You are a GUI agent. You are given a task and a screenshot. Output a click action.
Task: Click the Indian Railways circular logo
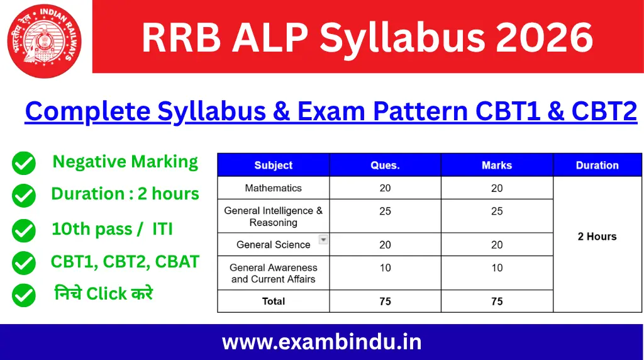pos(44,40)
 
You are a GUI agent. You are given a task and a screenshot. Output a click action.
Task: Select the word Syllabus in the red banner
pos(402,38)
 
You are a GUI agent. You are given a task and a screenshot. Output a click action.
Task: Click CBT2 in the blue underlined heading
pos(604,111)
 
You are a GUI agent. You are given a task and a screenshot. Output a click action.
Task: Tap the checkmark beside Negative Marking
pos(24,164)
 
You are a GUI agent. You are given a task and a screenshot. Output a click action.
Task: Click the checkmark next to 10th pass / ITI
pos(24,230)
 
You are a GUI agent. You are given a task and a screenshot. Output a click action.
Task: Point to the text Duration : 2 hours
pos(125,194)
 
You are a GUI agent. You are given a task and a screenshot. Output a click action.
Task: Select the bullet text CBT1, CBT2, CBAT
pos(125,262)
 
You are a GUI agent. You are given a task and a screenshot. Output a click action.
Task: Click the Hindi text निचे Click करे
pos(103,293)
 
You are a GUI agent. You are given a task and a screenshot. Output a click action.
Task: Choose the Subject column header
pos(273,165)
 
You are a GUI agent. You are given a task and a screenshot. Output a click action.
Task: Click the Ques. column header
pos(385,165)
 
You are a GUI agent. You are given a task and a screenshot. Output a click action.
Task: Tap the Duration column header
pos(597,165)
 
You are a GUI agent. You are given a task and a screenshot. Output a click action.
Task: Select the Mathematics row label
pos(273,188)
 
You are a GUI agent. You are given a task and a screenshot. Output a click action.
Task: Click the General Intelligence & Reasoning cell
pos(273,217)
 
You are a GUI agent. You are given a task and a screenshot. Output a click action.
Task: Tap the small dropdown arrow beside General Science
pos(323,239)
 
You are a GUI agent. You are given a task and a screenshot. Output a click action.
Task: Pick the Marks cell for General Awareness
pos(497,268)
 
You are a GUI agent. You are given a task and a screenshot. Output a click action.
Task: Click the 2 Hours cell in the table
pos(597,237)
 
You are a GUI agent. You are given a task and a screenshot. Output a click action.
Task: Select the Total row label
pos(273,301)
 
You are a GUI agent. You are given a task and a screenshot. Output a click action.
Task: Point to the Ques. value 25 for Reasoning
pos(385,211)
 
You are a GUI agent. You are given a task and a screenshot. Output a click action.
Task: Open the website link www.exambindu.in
pos(321,342)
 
